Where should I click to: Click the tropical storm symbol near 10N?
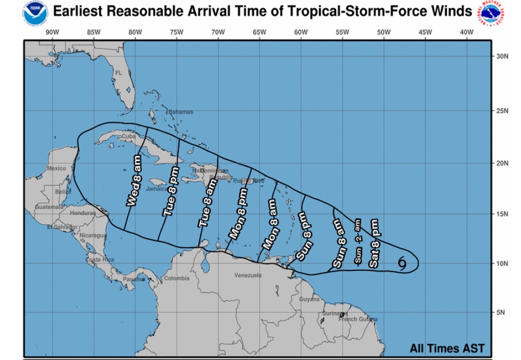click(x=403, y=262)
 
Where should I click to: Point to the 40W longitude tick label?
click(x=466, y=33)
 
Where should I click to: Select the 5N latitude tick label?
click(x=501, y=312)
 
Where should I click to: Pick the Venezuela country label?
click(x=248, y=275)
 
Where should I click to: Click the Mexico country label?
click(x=56, y=168)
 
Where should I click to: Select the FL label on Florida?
click(x=118, y=73)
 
